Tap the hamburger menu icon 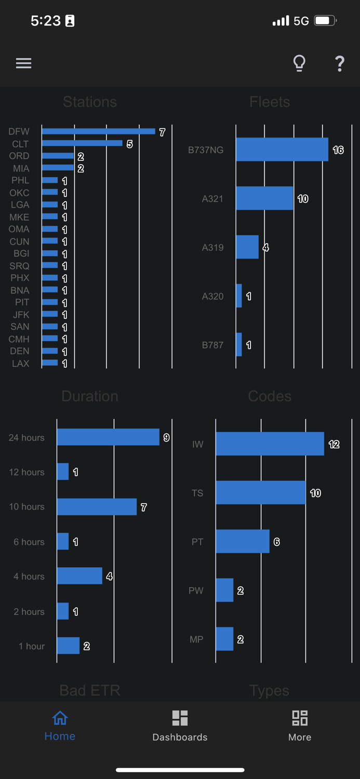pos(23,63)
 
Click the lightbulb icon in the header pos(299,63)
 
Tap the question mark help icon pos(340,63)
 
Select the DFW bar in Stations pos(98,131)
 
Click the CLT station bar pos(82,143)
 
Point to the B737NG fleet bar pos(282,150)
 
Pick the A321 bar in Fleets pos(264,198)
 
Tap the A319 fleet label pos(212,248)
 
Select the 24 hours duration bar pos(108,437)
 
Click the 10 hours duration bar pos(97,507)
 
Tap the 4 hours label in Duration pos(29,576)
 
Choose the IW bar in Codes pos(270,444)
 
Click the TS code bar pos(260,492)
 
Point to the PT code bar pos(243,541)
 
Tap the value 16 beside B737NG pos(338,150)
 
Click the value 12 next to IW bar pos(334,445)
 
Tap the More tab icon pos(300,718)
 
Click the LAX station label pos(21,364)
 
